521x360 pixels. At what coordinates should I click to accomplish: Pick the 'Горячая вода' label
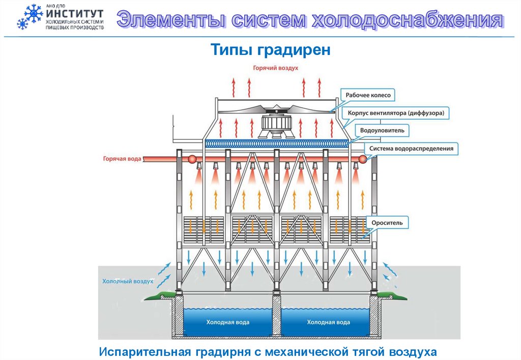122,159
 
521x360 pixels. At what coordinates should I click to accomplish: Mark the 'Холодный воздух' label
128,281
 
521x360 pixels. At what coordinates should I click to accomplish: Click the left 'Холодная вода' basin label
227,322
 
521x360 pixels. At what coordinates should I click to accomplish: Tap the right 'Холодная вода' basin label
328,322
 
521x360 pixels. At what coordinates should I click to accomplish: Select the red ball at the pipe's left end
193,159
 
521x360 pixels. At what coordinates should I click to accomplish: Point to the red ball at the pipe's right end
362,159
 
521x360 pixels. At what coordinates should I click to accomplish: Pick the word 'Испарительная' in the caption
144,351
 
